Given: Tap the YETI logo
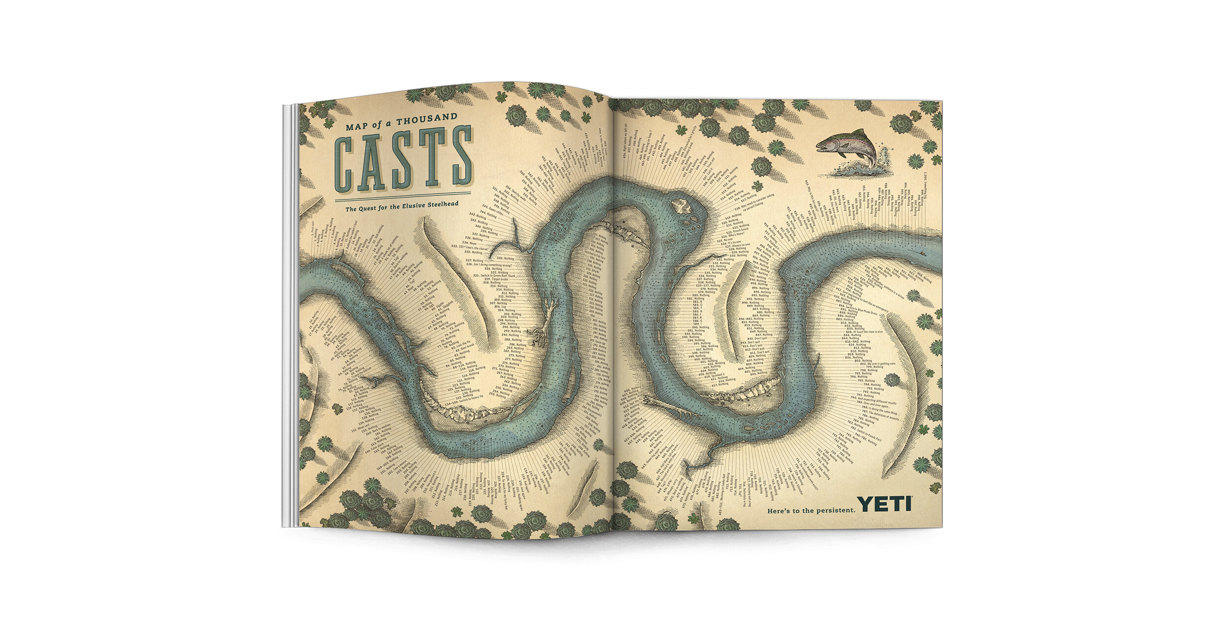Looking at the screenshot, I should tap(885, 504).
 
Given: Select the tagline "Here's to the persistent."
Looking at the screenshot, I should tap(811, 510).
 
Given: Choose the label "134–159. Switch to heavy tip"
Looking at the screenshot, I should tap(468, 400).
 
